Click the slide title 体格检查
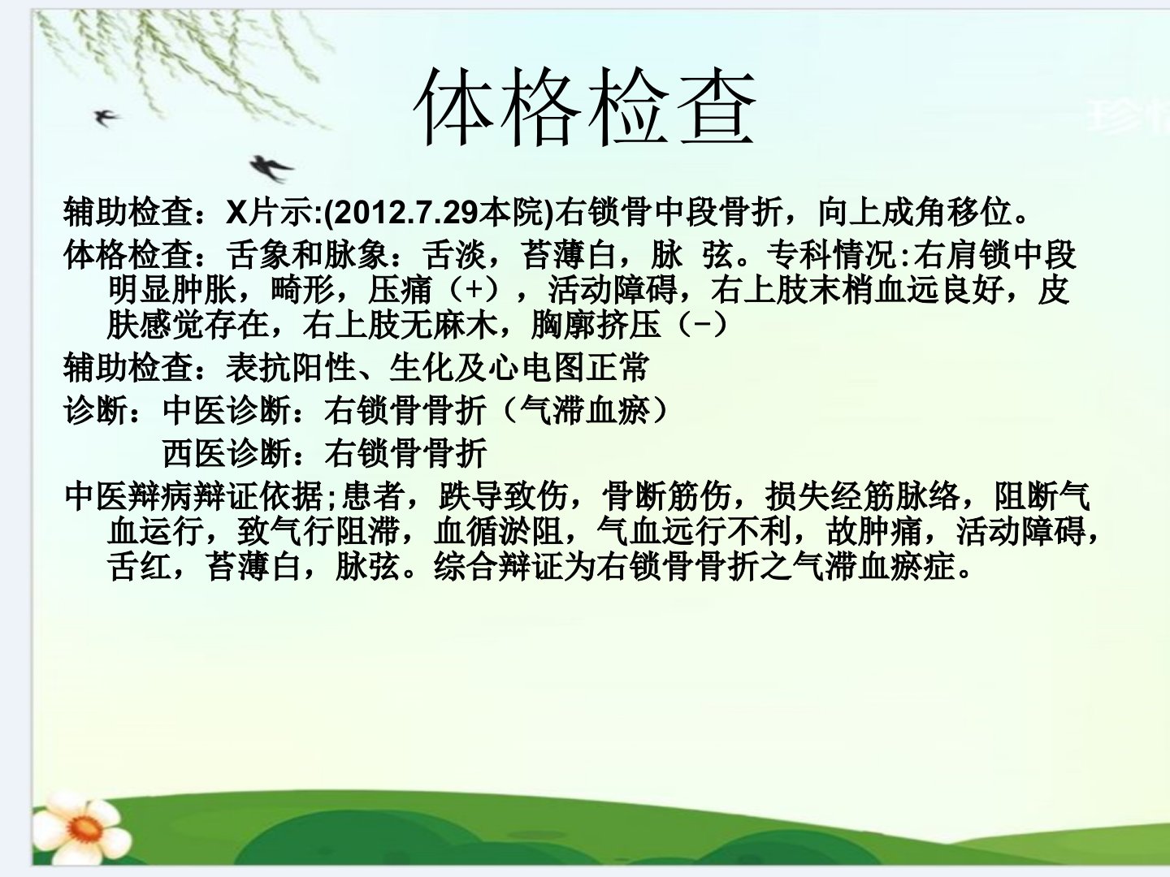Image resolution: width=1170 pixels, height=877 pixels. click(585, 106)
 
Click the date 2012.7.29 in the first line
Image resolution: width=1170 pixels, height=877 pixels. click(406, 212)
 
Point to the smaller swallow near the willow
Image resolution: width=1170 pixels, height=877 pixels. click(106, 117)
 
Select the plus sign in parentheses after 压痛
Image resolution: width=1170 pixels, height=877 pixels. click(474, 290)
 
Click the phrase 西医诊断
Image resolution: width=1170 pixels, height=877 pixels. click(227, 453)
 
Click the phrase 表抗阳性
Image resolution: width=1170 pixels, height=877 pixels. click(291, 367)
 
